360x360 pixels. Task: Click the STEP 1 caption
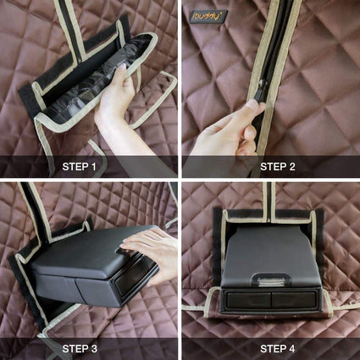tap(79, 167)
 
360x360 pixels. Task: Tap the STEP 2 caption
tap(278, 167)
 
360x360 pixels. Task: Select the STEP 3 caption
tap(80, 349)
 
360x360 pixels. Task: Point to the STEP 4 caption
tap(278, 349)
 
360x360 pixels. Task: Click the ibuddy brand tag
tap(208, 15)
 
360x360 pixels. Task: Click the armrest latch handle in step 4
tap(271, 280)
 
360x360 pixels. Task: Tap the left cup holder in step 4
tap(246, 300)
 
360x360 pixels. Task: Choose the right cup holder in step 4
tap(294, 300)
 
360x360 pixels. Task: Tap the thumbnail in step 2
tap(252, 104)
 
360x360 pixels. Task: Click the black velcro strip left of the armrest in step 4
tap(218, 248)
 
